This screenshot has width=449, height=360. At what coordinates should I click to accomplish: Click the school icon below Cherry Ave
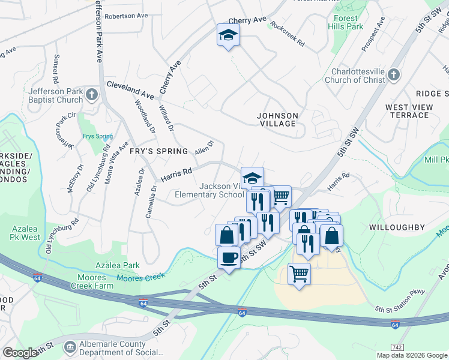[x=228, y=37]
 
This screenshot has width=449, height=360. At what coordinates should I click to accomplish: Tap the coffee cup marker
[x=228, y=258]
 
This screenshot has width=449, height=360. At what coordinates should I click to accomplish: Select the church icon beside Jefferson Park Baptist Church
[x=91, y=95]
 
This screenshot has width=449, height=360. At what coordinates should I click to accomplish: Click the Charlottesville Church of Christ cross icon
[x=393, y=74]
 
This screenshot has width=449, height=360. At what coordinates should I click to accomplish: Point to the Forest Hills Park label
[x=345, y=22]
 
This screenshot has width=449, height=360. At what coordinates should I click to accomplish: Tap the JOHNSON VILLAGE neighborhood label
[x=277, y=119]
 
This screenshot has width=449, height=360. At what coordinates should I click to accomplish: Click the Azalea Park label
[x=118, y=265]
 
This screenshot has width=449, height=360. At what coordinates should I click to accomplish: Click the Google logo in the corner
[x=20, y=353]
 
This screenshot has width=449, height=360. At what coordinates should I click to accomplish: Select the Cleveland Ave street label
[x=130, y=90]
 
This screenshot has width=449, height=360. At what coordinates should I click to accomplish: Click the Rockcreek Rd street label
[x=288, y=35]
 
